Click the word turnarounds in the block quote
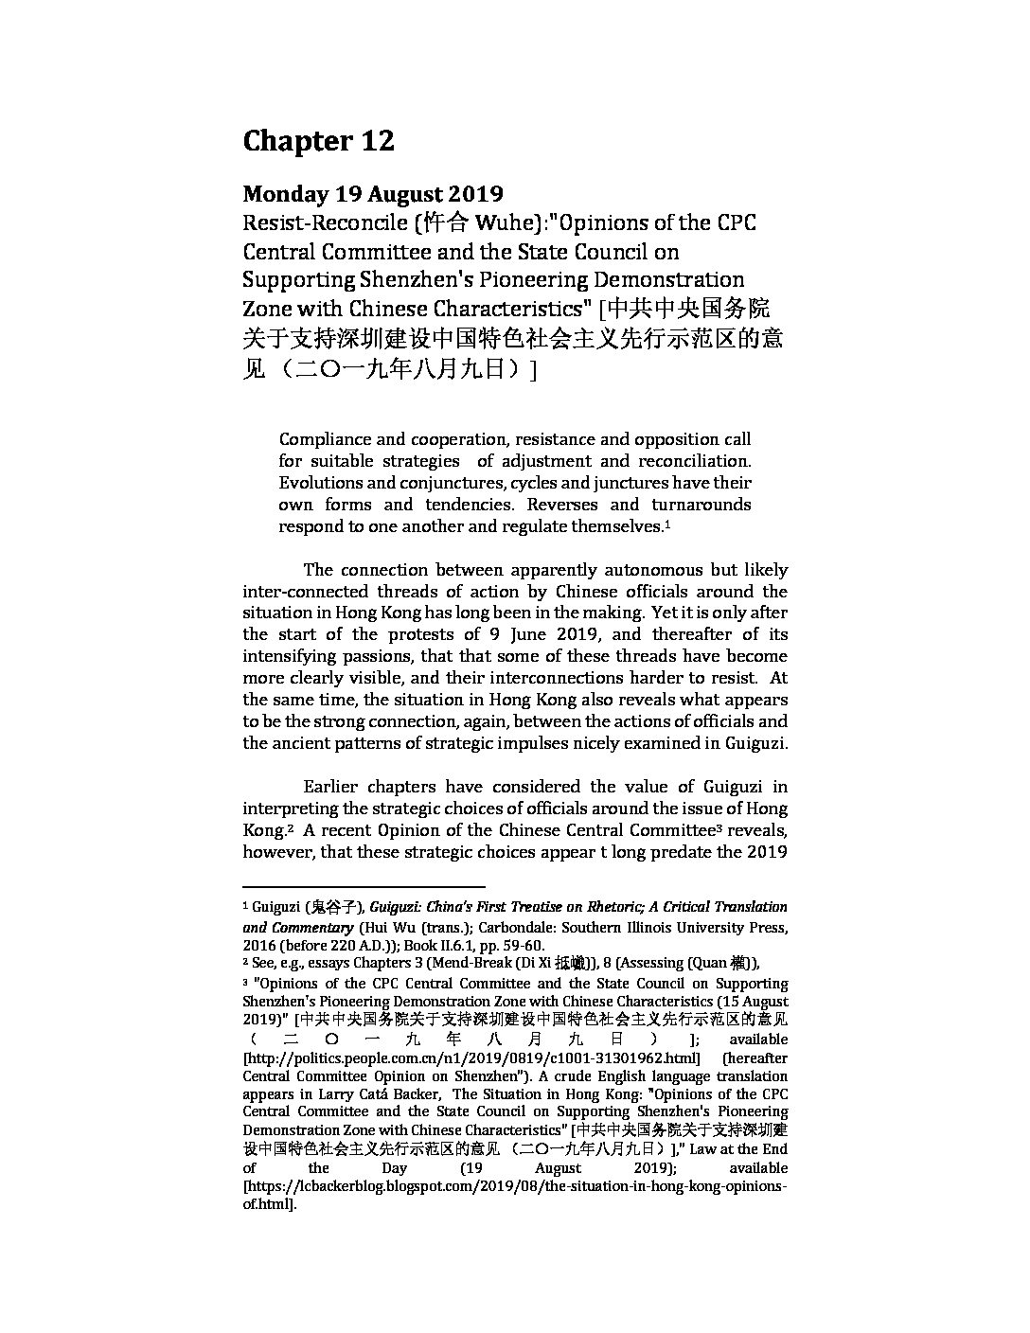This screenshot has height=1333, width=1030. [701, 505]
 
